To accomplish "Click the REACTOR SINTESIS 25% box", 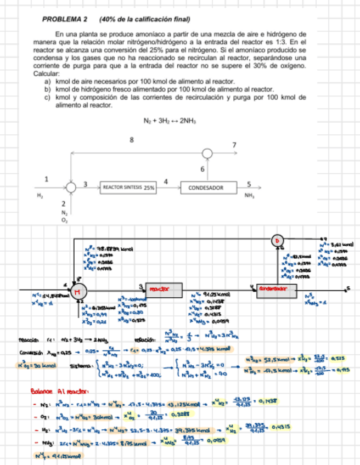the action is tap(128, 188).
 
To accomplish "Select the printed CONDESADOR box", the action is tap(206, 188).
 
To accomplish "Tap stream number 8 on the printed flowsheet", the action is tap(131, 140).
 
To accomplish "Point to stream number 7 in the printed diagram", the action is tap(234, 145).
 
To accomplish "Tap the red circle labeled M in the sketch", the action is tap(77, 290).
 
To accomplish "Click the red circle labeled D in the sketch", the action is tap(278, 240).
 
